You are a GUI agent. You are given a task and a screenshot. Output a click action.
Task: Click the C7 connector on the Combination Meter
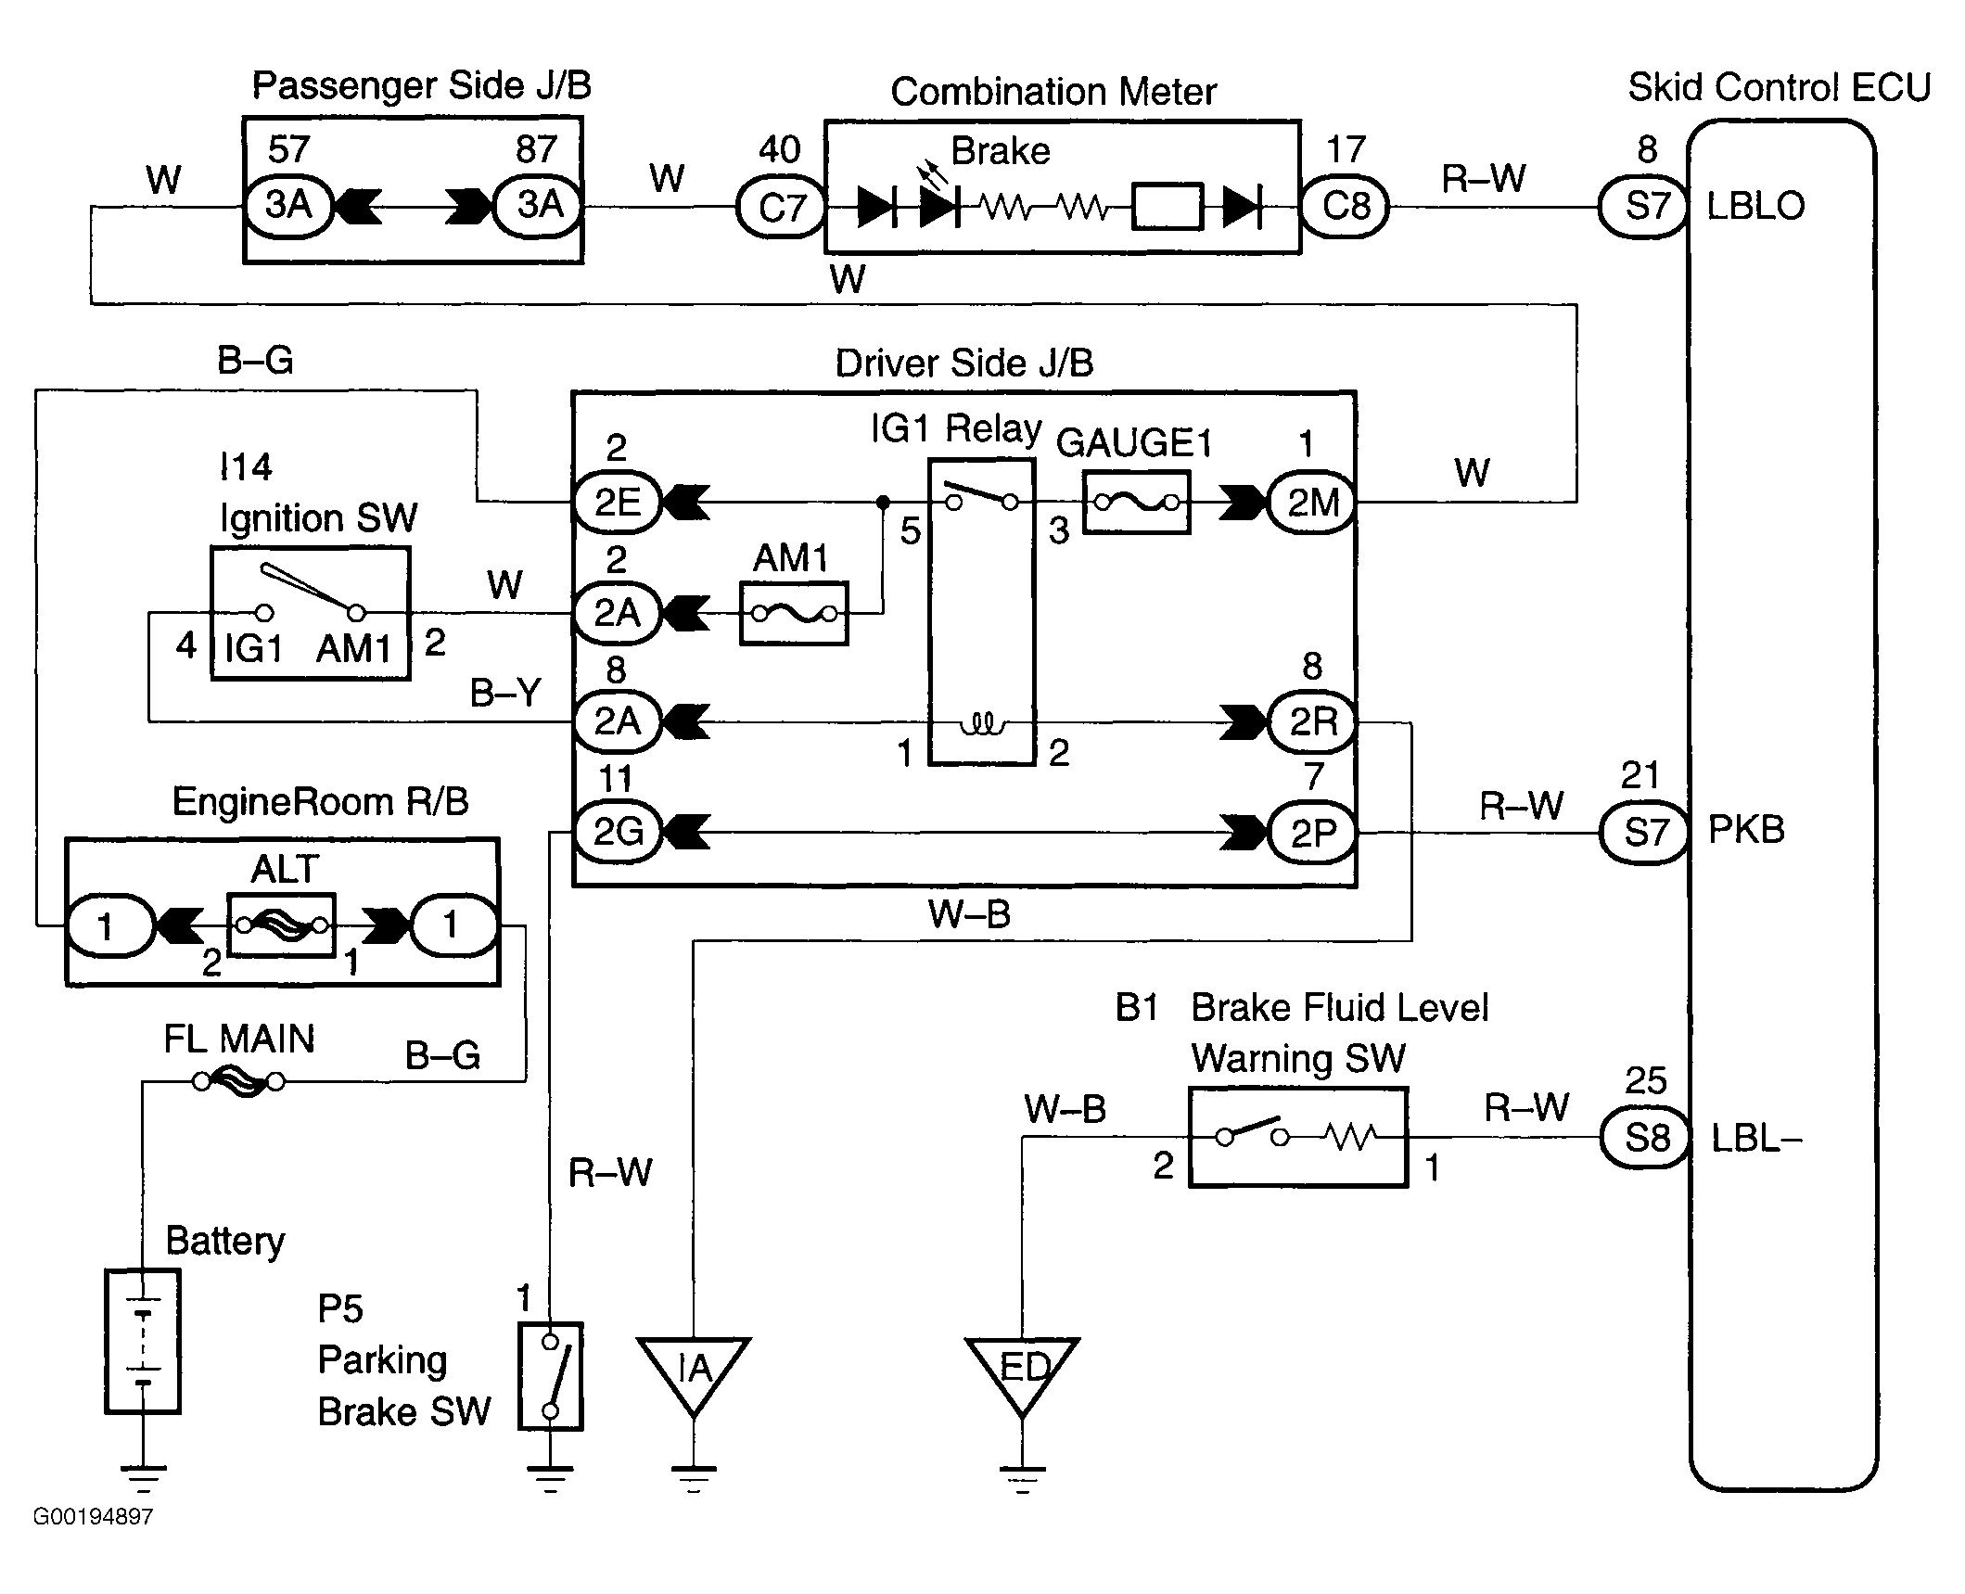[781, 206]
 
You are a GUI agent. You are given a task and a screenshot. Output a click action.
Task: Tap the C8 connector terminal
[1345, 206]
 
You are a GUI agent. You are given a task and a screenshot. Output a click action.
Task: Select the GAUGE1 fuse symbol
[1136, 503]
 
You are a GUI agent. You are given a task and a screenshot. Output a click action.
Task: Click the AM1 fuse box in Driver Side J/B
[794, 613]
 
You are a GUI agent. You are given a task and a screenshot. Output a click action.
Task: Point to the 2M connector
[1312, 503]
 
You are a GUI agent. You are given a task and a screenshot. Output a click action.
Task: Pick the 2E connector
[618, 503]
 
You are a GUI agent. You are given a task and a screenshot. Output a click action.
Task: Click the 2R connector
[1312, 721]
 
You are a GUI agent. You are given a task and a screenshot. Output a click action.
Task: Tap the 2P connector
[1312, 832]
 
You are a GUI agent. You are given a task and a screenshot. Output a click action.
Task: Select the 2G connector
[618, 832]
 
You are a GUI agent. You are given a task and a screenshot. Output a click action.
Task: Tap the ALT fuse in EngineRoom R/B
[281, 925]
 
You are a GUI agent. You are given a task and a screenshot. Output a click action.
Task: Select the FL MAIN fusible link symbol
[239, 1081]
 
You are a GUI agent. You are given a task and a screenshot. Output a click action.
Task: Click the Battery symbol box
[142, 1341]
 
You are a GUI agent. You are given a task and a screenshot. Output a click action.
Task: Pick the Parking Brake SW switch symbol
[551, 1376]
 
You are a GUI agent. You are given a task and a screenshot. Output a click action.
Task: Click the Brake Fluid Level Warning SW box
[1298, 1137]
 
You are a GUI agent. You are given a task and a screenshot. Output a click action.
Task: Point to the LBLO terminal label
[1755, 206]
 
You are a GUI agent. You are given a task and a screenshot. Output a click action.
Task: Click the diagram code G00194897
[93, 1517]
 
